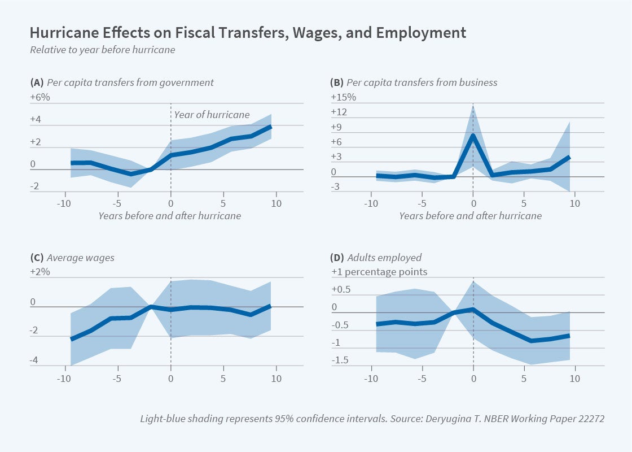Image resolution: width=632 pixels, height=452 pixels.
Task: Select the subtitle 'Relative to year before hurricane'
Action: (102, 49)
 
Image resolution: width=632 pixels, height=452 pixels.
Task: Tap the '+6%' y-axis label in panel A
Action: (40, 97)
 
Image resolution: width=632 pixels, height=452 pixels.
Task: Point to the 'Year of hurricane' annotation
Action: (212, 115)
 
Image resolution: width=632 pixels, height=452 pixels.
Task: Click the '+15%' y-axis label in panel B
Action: (343, 97)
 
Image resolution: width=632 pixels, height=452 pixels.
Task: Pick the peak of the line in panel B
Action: (473, 134)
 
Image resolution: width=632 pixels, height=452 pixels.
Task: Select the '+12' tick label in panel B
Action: (339, 112)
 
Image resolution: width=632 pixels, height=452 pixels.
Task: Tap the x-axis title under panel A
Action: (169, 216)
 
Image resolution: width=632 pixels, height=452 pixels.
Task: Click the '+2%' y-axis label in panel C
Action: (40, 272)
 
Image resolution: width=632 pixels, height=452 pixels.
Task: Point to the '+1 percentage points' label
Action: (379, 272)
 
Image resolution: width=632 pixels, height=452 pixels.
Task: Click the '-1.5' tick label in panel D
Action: (340, 360)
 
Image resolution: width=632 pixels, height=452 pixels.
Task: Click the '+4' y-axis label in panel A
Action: (36, 120)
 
